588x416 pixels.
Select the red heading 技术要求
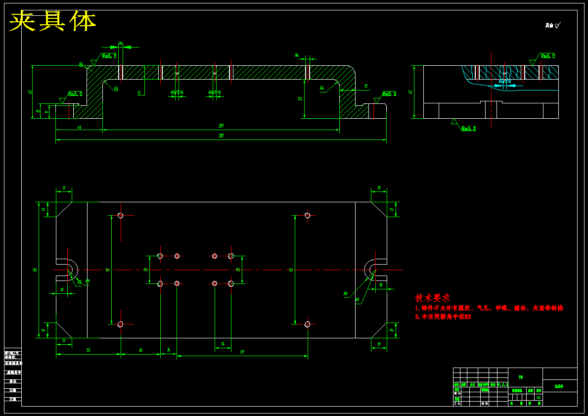pyautogui.click(x=433, y=298)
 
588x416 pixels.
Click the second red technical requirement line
pyautogui.click(x=443, y=317)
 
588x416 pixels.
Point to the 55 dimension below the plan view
pyautogui.click(x=89, y=350)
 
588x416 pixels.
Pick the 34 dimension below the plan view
pyautogui.click(x=140, y=350)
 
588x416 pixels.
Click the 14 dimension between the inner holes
pyautogui.click(x=223, y=344)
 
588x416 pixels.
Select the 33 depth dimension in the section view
pyautogui.click(x=300, y=98)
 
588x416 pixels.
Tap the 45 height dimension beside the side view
pyautogui.click(x=410, y=92)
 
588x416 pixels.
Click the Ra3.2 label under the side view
pyautogui.click(x=468, y=129)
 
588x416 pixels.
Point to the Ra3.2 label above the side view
pyautogui.click(x=547, y=56)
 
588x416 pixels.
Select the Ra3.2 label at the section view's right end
pyautogui.click(x=389, y=94)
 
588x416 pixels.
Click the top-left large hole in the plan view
pyautogui.click(x=120, y=215)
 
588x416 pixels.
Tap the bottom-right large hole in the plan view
pyautogui.click(x=308, y=324)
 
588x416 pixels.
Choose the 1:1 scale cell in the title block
pyautogui.click(x=539, y=397)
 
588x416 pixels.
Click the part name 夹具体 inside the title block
pyautogui.click(x=559, y=386)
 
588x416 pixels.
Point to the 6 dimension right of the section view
pyautogui.click(x=366, y=86)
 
